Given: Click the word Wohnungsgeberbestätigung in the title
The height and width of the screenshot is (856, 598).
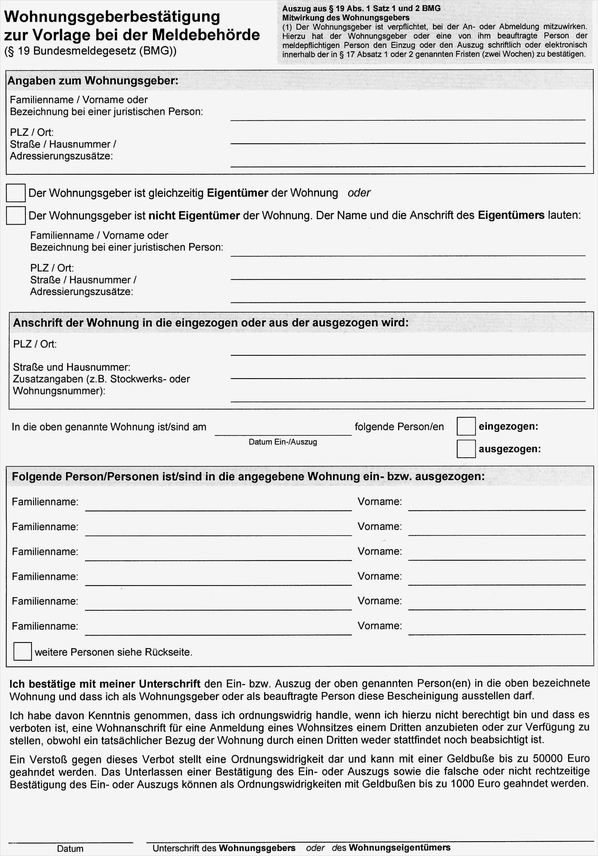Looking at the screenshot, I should pyautogui.click(x=112, y=17).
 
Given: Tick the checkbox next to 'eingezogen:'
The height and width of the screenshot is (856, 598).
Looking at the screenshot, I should pyautogui.click(x=466, y=426).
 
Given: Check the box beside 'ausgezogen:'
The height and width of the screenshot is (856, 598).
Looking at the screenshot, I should pyautogui.click(x=466, y=449).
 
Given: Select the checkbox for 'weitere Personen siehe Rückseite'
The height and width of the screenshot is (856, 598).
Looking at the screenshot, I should pyautogui.click(x=22, y=652).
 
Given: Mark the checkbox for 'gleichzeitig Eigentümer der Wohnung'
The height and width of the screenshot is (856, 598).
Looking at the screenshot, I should pyautogui.click(x=16, y=193).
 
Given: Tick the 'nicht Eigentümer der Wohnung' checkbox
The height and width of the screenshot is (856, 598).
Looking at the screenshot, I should pyautogui.click(x=16, y=215).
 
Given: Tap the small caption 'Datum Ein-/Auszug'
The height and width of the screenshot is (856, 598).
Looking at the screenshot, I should pyautogui.click(x=283, y=442).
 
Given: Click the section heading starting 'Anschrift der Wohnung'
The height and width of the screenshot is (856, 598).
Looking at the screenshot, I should pyautogui.click(x=211, y=323).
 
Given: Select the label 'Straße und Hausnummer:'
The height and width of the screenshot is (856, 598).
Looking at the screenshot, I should pyautogui.click(x=71, y=367).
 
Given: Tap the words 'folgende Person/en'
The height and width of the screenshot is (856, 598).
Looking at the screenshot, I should pyautogui.click(x=399, y=427).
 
